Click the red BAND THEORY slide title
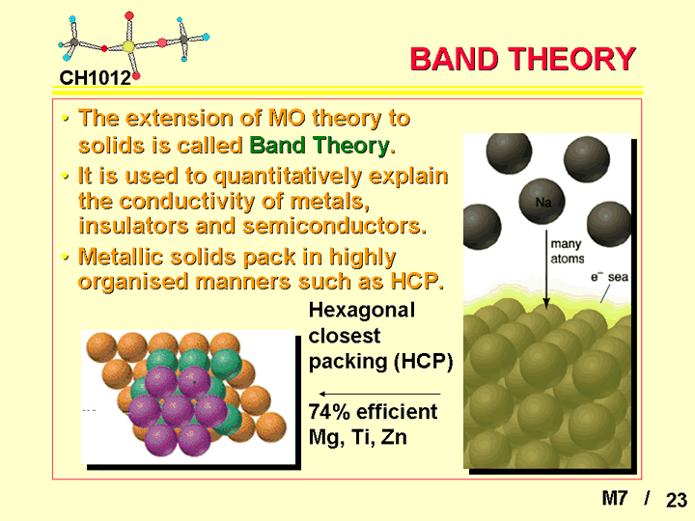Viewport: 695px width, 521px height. pos(523,59)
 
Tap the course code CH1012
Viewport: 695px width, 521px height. pos(96,78)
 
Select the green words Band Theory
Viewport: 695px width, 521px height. pos(321,146)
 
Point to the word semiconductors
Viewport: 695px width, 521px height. pos(335,226)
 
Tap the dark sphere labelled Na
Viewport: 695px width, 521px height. pos(542,202)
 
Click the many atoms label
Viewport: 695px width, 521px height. pos(568,251)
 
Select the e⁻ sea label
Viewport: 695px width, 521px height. pos(609,277)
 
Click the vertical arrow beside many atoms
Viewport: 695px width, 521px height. pos(546,269)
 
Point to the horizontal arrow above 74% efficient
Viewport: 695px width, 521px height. pos(380,394)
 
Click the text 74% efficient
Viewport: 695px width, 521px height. pos(373,412)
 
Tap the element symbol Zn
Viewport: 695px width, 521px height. pos(394,437)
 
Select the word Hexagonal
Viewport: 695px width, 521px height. pos(362,310)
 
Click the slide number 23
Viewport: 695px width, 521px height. pos(677,500)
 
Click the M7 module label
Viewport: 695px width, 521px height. pos(615,499)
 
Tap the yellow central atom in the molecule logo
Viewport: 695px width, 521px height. pos(128,46)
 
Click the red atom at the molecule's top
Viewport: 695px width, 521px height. pos(129,16)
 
